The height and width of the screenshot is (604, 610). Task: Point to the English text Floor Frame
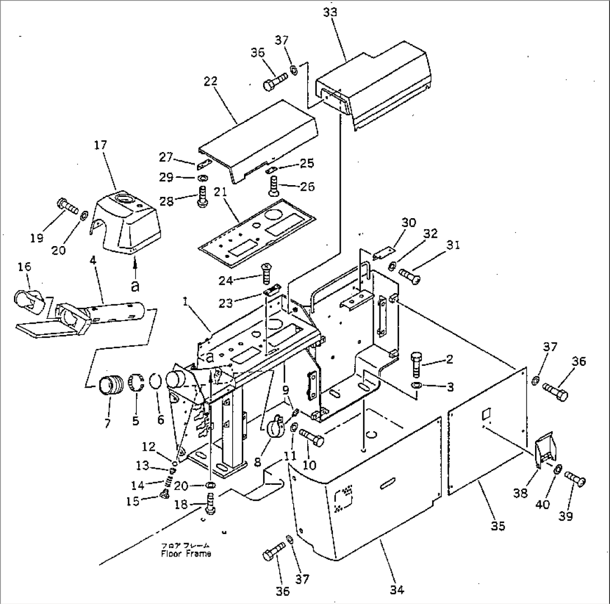tap(186, 554)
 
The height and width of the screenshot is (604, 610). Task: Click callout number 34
tap(396, 589)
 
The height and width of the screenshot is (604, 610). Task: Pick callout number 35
tap(498, 526)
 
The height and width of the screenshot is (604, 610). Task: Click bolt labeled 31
tap(412, 276)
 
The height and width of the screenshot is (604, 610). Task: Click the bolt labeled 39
tap(575, 479)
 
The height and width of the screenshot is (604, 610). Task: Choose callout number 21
tap(220, 192)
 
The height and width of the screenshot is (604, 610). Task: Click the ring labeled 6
tap(156, 382)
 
